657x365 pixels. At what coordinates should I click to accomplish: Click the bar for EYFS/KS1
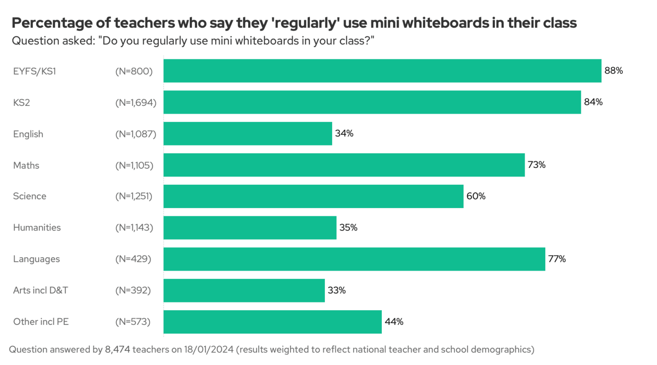(382, 71)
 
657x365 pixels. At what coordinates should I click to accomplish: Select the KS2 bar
(372, 102)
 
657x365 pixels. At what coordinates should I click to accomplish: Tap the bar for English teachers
(248, 134)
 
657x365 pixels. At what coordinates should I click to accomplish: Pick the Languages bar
(354, 259)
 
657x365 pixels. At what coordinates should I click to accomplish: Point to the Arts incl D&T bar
(244, 291)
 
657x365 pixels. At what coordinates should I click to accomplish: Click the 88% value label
(614, 71)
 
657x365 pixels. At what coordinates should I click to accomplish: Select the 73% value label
(537, 165)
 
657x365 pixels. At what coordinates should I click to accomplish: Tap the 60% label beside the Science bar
(476, 196)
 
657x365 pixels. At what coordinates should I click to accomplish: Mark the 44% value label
(394, 322)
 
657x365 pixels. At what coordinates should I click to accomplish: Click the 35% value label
(348, 228)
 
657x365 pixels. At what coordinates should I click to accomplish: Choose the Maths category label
(26, 165)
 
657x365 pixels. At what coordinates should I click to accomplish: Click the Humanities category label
(36, 228)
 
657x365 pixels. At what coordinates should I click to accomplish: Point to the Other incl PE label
(41, 322)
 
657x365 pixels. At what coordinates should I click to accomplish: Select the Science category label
(30, 196)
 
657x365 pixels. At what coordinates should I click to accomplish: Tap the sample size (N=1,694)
(136, 103)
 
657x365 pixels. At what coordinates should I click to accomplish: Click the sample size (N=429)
(133, 259)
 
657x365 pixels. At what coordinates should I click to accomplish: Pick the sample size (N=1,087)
(136, 134)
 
